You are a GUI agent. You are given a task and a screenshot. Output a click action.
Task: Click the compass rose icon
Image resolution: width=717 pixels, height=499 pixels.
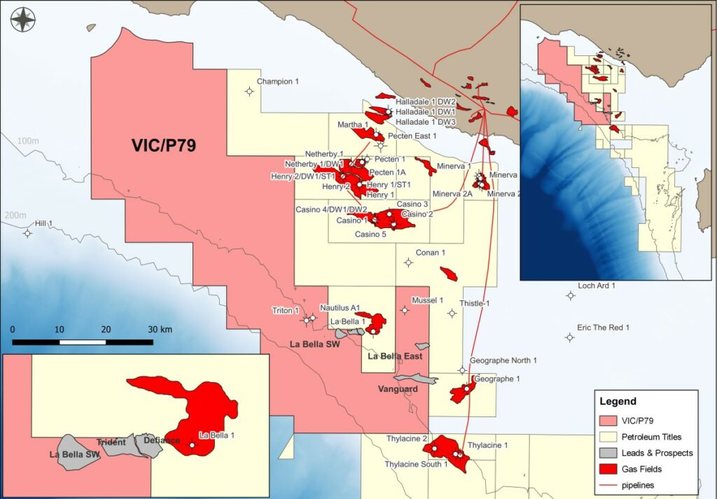coord(24,19)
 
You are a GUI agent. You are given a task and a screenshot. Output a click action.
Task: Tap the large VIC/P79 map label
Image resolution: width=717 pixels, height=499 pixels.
coord(164,146)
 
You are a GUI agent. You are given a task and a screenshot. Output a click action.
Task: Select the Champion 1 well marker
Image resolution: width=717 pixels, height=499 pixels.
coord(249,91)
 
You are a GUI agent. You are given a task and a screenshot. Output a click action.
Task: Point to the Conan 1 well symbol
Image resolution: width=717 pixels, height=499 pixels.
coord(408,263)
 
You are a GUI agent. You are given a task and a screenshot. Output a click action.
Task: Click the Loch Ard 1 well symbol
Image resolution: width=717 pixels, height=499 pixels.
coord(571,296)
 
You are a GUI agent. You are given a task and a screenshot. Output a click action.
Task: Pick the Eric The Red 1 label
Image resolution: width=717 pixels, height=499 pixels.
coord(603,328)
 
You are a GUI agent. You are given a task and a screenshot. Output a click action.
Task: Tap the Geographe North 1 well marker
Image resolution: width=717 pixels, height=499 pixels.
coord(462,371)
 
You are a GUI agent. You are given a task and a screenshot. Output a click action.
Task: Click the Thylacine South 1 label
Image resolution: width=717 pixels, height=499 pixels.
coord(416,464)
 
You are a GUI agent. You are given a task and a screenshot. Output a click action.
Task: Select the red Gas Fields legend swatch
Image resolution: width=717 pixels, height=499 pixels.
coord(611,470)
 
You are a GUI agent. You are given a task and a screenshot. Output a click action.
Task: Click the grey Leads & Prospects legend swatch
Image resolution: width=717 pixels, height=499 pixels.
coord(611,453)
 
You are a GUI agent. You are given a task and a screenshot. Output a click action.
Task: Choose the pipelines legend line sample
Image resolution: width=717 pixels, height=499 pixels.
coord(611,485)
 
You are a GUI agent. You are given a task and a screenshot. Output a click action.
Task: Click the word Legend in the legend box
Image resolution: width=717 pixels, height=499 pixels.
coord(618,402)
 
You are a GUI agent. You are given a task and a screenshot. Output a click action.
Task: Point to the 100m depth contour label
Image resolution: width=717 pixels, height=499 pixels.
coord(28,141)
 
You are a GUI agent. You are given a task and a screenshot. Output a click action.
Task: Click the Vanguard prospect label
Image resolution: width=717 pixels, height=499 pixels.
coord(397,389)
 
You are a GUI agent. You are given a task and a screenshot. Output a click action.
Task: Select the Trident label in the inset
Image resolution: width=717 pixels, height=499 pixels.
coord(111,442)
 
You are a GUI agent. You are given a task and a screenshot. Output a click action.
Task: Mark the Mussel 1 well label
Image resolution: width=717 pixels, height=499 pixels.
coord(428,300)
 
